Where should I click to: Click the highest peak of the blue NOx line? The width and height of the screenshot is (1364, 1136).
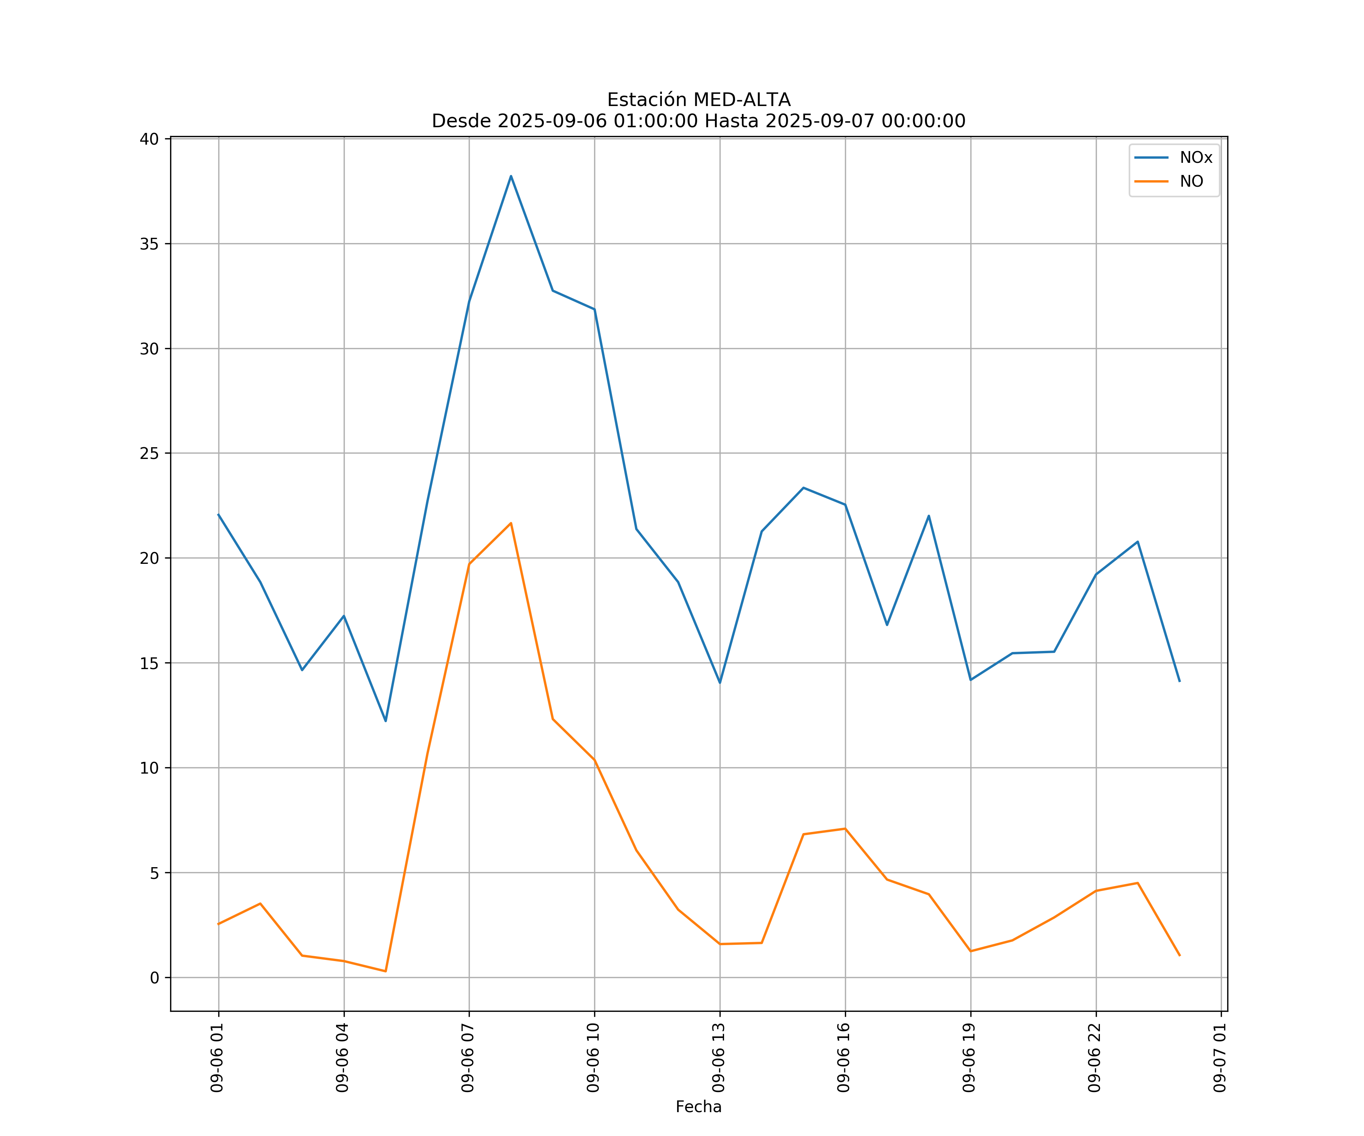tap(511, 176)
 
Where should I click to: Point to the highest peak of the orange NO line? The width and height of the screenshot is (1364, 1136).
tap(511, 523)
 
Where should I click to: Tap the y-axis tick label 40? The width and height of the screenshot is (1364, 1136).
tap(149, 139)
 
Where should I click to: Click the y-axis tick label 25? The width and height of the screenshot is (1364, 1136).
tap(149, 453)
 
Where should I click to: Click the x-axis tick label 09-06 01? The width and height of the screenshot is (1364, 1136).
tap(217, 1058)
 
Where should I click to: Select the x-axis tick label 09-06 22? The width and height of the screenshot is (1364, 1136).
tap(1095, 1058)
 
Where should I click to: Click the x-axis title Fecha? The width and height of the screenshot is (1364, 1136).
tap(698, 1107)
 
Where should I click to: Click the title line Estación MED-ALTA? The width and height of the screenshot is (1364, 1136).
tap(698, 100)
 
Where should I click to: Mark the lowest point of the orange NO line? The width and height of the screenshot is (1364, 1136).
tap(385, 971)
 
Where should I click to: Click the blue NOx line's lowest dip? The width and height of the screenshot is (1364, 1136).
tap(385, 721)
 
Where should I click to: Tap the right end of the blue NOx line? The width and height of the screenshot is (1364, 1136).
tap(1179, 682)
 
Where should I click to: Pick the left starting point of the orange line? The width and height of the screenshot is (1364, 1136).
tap(218, 924)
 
